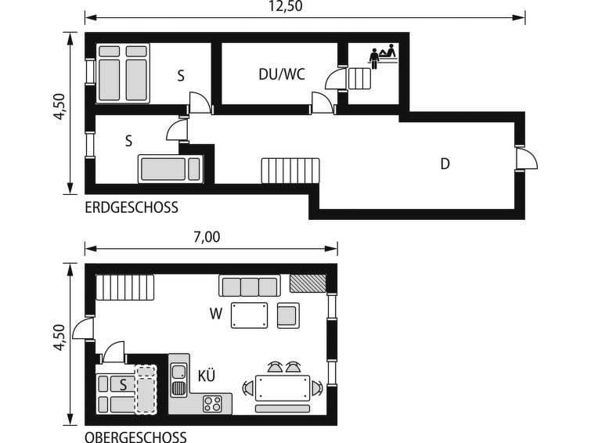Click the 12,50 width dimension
pos(285,6)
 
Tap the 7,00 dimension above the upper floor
pos(207,237)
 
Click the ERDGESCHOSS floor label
pos(132,207)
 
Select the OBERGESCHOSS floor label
pos(135,437)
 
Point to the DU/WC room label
pos(282,74)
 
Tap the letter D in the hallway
pos(445,164)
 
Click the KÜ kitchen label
pos(207,376)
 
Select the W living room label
pos(216,313)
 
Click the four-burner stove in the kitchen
pos(212,404)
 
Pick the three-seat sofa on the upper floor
pos(249,286)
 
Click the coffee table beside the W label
pos(249,315)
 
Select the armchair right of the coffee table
pos(288,315)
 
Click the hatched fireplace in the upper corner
pos(308,283)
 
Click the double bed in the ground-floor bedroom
pos(123,73)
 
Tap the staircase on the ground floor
pos(290,171)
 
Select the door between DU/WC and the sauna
pos(336,79)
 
